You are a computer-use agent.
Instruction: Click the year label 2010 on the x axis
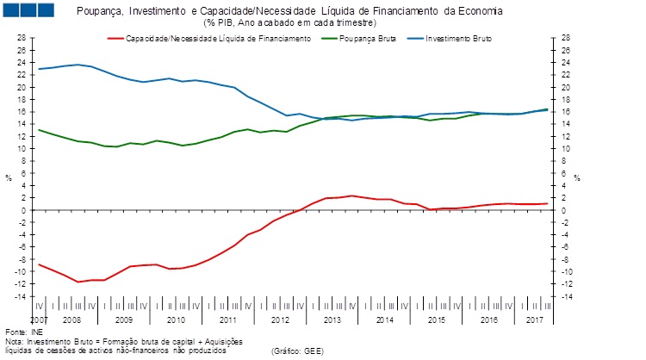pyautogui.click(x=176, y=320)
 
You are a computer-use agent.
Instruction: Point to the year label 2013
pyautogui.click(x=332, y=320)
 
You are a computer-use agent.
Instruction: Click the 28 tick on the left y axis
pyautogui.click(x=22, y=38)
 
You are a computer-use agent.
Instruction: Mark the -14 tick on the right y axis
pyautogui.click(x=566, y=296)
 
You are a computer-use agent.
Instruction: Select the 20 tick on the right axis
pyautogui.click(x=565, y=87)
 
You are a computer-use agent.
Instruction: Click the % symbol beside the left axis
pyautogui.click(x=9, y=178)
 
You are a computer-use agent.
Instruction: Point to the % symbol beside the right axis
pyautogui.click(x=577, y=178)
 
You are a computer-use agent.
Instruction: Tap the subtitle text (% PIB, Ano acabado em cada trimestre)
pyautogui.click(x=289, y=22)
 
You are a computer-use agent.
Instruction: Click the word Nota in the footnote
pyautogui.click(x=13, y=341)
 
